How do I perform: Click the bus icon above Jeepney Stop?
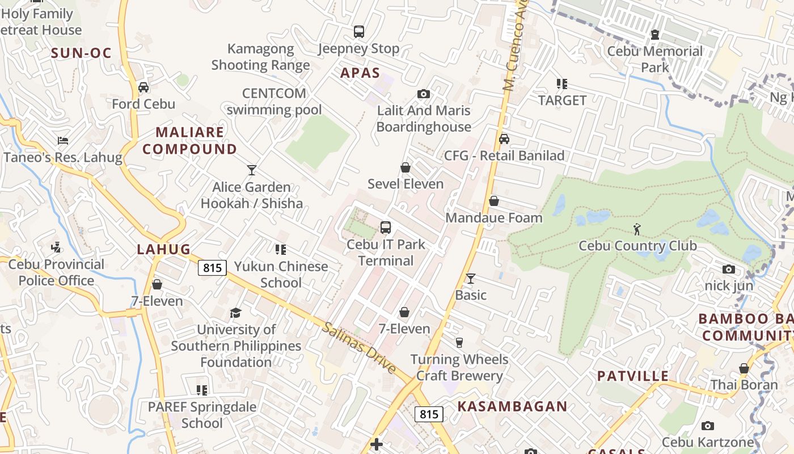[358, 32]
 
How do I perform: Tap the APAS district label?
[360, 73]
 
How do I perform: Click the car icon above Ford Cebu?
[143, 87]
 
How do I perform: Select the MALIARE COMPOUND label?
[189, 141]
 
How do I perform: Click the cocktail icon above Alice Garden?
[252, 170]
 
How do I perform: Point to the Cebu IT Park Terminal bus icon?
[386, 228]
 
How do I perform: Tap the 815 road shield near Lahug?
[212, 268]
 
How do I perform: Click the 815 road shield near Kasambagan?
[429, 414]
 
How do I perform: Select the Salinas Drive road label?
[360, 348]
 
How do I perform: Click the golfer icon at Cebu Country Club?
[637, 229]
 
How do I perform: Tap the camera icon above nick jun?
[729, 269]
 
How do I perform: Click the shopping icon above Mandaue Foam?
[494, 201]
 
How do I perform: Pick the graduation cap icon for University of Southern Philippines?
[235, 313]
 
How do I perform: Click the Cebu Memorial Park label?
[655, 59]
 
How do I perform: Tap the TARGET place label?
[562, 100]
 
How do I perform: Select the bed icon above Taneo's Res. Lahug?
[63, 140]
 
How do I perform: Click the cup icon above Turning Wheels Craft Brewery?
[459, 342]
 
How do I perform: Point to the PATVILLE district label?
[633, 376]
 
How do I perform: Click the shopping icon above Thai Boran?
[744, 368]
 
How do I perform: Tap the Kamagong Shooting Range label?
[261, 57]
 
